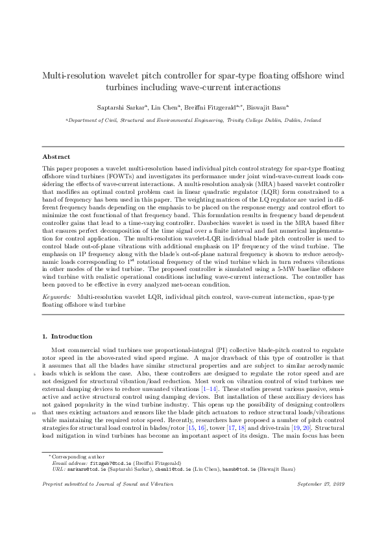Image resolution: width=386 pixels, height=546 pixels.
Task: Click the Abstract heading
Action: coord(56,157)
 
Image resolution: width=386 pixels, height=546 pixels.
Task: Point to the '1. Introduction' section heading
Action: coord(67,337)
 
